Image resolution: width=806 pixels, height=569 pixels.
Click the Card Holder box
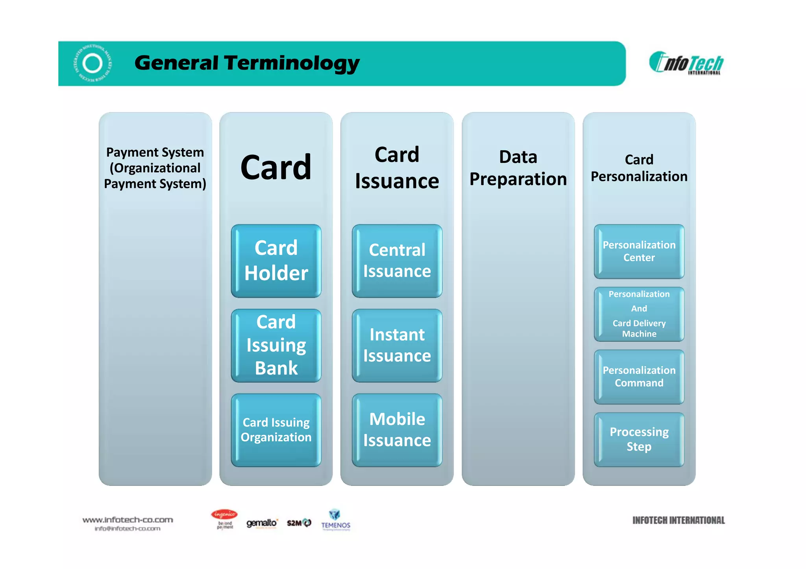(276, 261)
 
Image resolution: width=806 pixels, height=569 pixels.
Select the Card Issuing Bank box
(276, 345)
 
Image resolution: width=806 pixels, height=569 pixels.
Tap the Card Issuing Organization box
(276, 430)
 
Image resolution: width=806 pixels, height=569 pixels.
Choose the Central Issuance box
(397, 261)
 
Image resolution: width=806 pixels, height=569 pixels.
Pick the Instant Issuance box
(397, 345)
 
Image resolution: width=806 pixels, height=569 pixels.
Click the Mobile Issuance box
(397, 430)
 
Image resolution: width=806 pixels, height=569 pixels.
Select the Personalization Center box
(639, 251)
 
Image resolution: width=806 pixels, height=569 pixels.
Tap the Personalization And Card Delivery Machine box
(639, 314)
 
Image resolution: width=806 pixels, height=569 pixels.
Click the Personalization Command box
(639, 377)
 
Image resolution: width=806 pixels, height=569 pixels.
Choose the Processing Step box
(639, 439)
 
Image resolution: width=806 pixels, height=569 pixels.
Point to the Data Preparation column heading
(518, 168)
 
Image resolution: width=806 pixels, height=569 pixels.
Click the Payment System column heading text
(155, 168)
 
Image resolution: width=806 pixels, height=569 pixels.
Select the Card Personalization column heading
(639, 168)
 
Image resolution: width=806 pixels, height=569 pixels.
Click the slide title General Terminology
(247, 63)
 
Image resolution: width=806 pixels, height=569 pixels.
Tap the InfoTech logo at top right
(686, 63)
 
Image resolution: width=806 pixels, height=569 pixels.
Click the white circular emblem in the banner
(93, 63)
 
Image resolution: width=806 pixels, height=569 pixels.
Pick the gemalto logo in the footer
(262, 523)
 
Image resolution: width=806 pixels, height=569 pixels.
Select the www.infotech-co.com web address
(128, 520)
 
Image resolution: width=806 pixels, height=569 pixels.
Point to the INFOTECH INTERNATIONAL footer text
(678, 520)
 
